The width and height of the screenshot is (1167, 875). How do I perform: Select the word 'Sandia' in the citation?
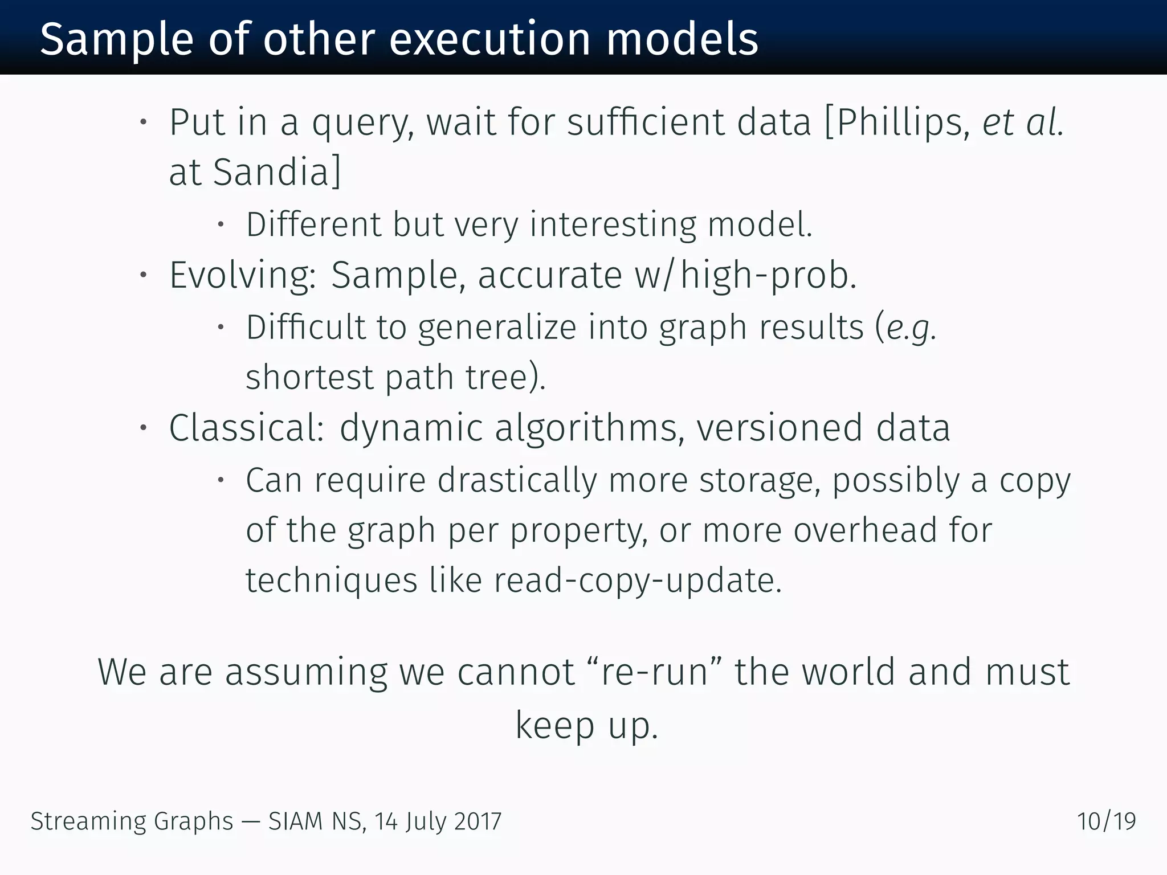click(x=271, y=172)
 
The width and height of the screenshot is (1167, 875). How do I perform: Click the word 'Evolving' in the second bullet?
click(x=242, y=276)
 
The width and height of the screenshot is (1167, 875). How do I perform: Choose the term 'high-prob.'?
click(x=769, y=276)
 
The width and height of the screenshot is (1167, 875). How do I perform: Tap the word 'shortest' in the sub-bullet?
click(x=309, y=377)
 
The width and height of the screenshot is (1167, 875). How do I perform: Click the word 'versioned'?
click(x=779, y=428)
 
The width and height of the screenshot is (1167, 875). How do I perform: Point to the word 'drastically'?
click(x=517, y=480)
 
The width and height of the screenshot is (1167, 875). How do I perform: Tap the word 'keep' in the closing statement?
click(x=554, y=725)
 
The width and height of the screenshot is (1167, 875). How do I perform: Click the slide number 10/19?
click(x=1106, y=821)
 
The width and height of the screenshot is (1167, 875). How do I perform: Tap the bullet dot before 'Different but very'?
click(x=221, y=224)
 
